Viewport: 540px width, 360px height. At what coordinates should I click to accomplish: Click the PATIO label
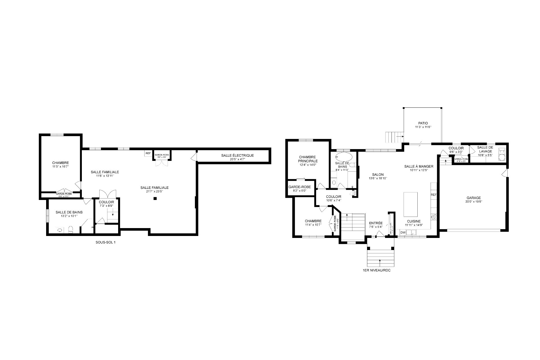tap(423, 123)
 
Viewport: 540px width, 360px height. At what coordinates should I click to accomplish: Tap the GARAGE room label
tap(474, 198)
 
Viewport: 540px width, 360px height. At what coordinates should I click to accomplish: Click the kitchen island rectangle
tap(410, 203)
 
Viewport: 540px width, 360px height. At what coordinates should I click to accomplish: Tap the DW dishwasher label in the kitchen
tap(403, 233)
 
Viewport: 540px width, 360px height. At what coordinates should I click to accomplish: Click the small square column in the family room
tap(155, 199)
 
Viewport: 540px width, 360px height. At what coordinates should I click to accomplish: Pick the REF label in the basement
tap(148, 153)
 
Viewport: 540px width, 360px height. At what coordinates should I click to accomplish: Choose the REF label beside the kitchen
tap(433, 195)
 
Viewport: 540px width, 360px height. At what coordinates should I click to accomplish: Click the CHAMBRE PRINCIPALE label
tap(308, 159)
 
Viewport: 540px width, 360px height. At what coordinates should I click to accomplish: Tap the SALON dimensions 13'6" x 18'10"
tap(378, 178)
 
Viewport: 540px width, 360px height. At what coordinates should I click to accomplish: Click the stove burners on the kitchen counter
tap(434, 217)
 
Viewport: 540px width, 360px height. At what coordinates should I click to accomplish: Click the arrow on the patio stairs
tap(399, 137)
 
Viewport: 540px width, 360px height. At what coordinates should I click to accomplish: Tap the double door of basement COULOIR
tap(107, 194)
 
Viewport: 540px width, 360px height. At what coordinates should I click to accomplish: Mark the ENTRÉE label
tap(376, 223)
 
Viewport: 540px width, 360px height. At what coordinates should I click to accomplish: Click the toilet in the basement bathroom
tap(71, 229)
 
